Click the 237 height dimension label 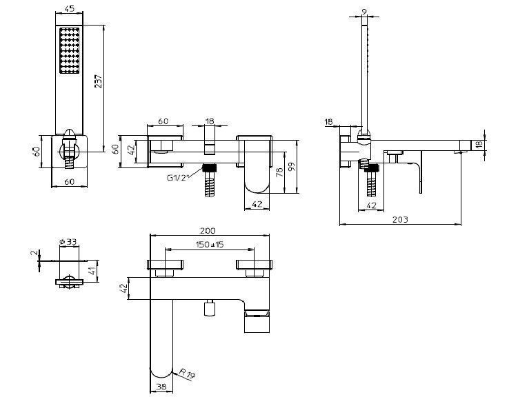pyautogui.click(x=99, y=81)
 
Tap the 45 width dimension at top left pyautogui.click(x=70, y=8)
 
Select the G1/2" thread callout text pyautogui.click(x=179, y=178)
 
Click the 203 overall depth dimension pyautogui.click(x=400, y=219)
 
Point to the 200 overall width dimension pyautogui.click(x=208, y=230)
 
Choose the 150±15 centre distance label pyautogui.click(x=210, y=244)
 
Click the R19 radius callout pyautogui.click(x=188, y=374)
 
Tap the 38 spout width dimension pyautogui.click(x=161, y=387)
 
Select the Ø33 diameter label pyautogui.click(x=68, y=242)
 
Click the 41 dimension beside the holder pyautogui.click(x=93, y=271)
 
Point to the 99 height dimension pyautogui.click(x=292, y=166)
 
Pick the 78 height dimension pyautogui.click(x=279, y=172)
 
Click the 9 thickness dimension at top pyautogui.click(x=364, y=12)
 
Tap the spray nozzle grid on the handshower pyautogui.click(x=70, y=50)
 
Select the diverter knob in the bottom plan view pyautogui.click(x=209, y=308)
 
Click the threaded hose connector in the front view pyautogui.click(x=209, y=180)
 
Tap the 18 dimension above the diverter pyautogui.click(x=210, y=121)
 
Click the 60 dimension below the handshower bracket pyautogui.click(x=70, y=181)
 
